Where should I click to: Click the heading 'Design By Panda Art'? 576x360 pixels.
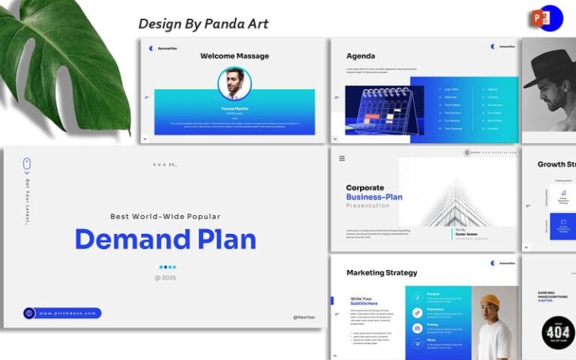pos(202,23)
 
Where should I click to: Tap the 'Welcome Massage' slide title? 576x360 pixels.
pos(234,55)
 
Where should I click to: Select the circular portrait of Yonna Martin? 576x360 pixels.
pos(234,83)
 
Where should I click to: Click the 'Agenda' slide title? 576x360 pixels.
pos(361,55)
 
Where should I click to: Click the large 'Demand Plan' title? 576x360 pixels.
pos(165,238)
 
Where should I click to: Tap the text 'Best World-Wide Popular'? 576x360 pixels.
pos(165,216)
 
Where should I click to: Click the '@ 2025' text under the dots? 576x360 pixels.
pos(165,277)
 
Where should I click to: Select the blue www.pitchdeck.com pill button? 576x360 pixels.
pos(61,313)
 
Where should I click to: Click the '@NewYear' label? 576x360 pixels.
pos(305,317)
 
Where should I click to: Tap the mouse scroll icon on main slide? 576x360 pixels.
pos(27,163)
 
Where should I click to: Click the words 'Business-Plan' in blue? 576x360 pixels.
pos(374,197)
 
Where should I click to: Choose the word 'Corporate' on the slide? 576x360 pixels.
pos(364,187)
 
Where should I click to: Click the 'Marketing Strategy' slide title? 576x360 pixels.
pos(382,272)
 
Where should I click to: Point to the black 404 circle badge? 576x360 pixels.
pos(557,332)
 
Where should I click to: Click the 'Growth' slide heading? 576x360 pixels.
pos(556,164)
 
